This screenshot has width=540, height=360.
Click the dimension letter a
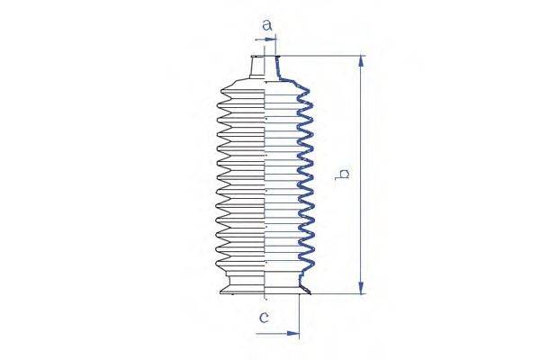coord(266,26)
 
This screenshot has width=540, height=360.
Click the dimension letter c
coord(264,316)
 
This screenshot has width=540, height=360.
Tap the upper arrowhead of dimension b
coord(361,61)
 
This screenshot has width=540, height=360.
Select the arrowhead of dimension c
coord(293,334)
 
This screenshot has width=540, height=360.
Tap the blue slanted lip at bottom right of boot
coord(307,287)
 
